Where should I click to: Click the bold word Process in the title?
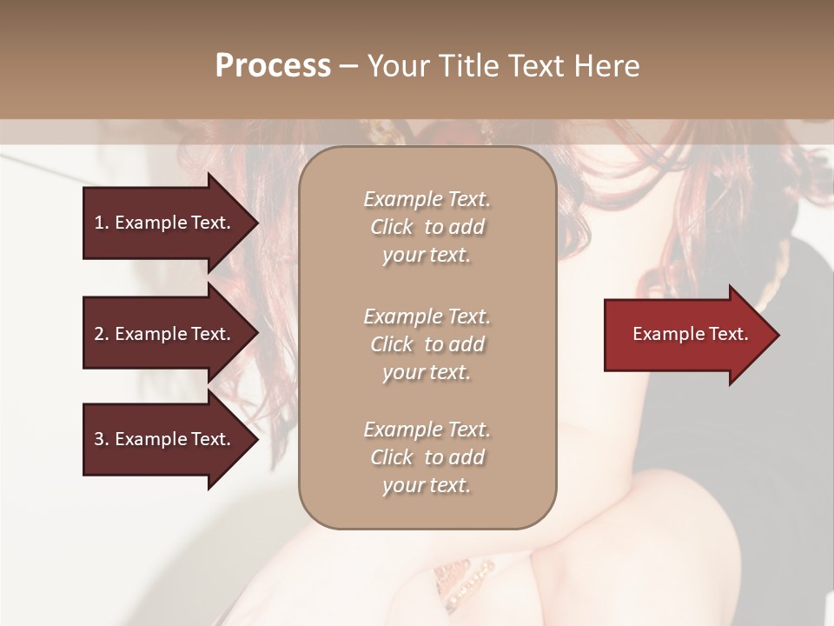[x=273, y=65]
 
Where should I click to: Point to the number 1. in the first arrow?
[x=102, y=223]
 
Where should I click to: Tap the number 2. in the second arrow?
[x=102, y=334]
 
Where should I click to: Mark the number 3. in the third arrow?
[x=102, y=439]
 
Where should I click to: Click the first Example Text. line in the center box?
[x=427, y=199]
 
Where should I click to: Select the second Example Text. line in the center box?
[x=427, y=316]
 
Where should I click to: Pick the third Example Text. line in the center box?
[x=427, y=430]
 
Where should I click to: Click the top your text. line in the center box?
[x=427, y=255]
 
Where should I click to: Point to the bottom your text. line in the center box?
[x=427, y=485]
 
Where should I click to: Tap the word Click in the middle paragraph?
[x=392, y=344]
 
